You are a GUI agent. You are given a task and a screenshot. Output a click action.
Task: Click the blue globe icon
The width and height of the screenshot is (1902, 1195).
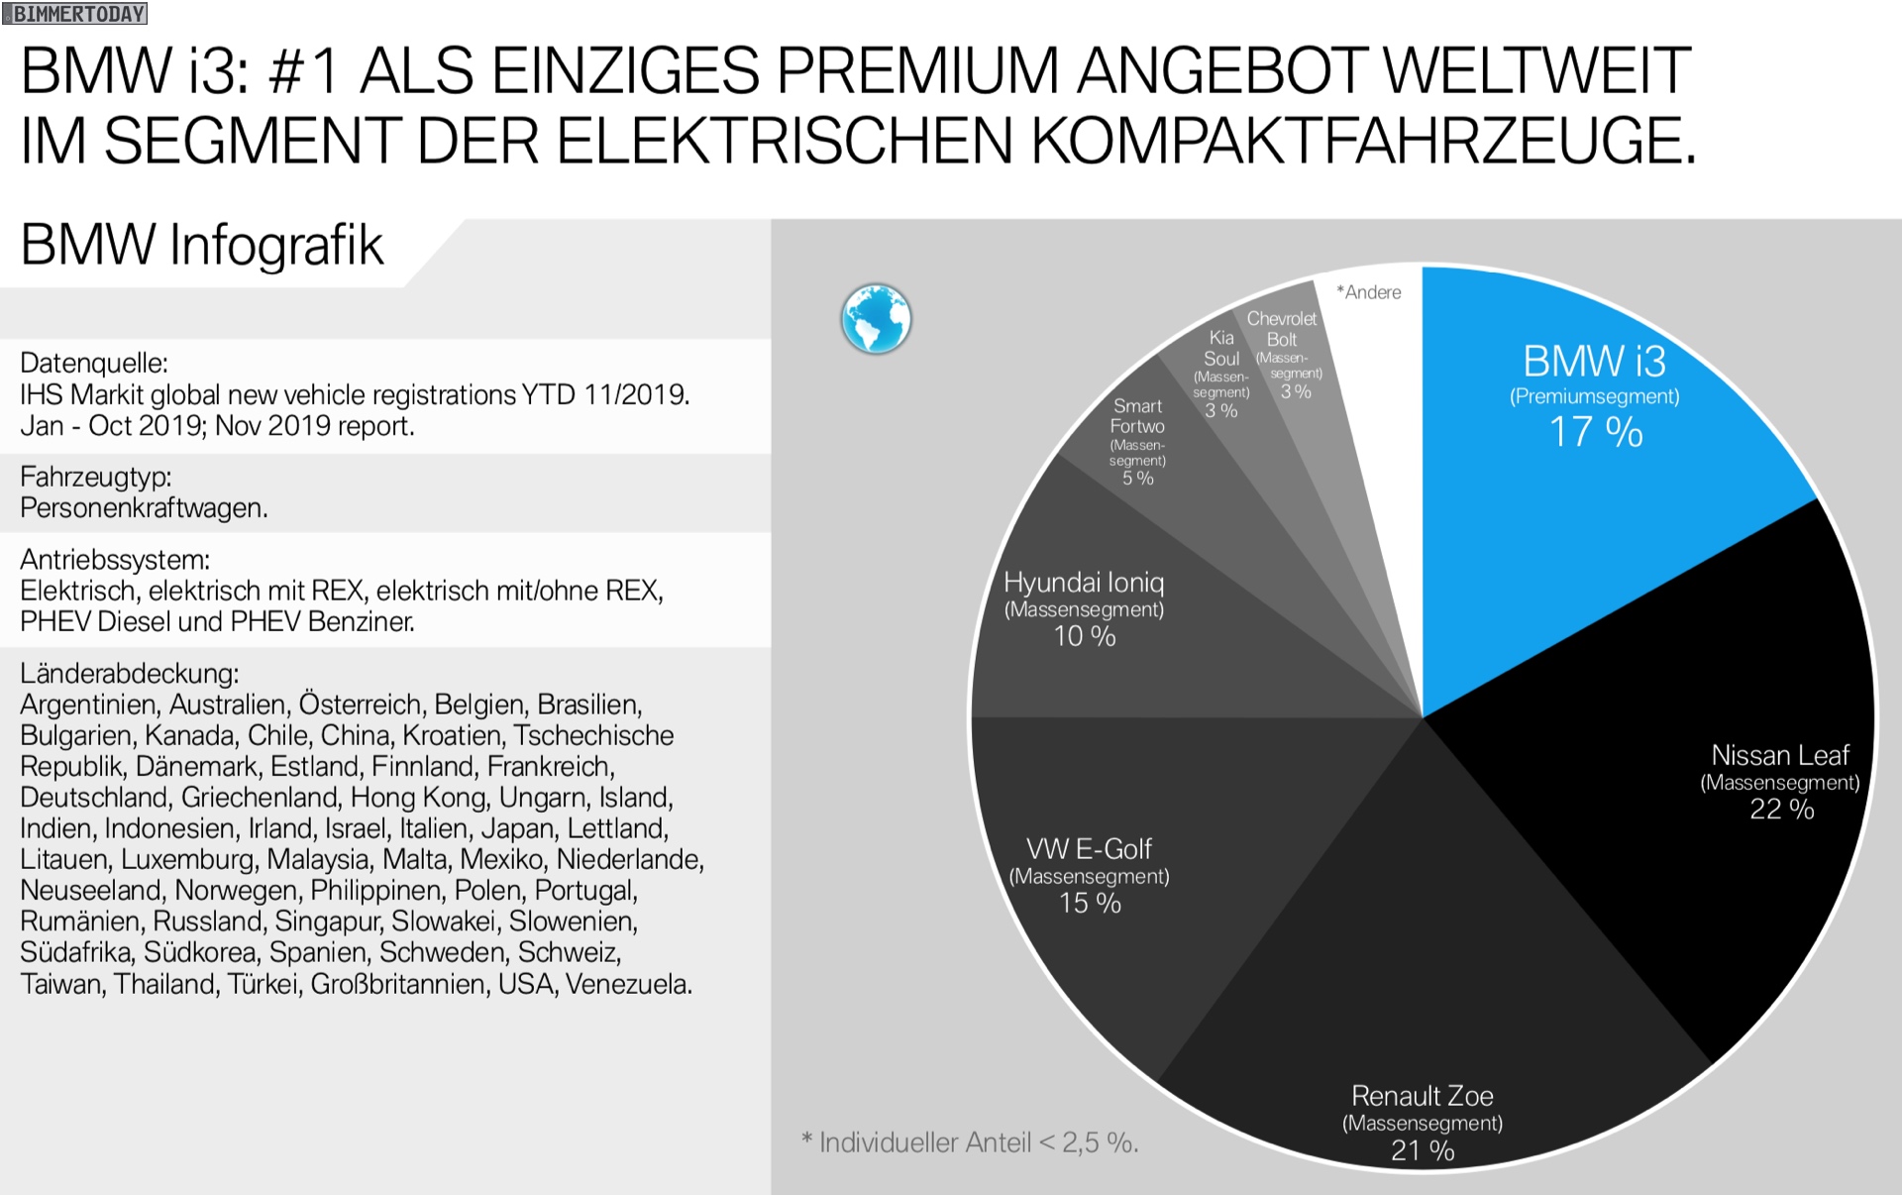pyautogui.click(x=876, y=319)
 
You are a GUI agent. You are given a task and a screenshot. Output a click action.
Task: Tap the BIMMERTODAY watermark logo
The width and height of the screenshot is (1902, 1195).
pyautogui.click(x=74, y=14)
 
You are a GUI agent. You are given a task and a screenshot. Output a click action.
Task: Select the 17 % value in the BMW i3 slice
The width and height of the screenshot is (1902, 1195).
pyautogui.click(x=1595, y=432)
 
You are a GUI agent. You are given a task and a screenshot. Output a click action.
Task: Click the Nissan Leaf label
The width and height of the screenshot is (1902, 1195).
pyautogui.click(x=1780, y=755)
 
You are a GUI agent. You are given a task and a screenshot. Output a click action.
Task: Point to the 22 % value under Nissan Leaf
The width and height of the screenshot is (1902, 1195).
pyautogui.click(x=1781, y=810)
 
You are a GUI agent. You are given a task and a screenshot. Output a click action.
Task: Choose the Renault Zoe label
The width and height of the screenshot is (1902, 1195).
pyautogui.click(x=1423, y=1096)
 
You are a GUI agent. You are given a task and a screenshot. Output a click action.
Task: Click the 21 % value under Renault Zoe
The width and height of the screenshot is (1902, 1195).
pyautogui.click(x=1423, y=1150)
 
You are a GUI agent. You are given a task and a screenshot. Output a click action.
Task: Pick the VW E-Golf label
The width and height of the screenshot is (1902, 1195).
pyautogui.click(x=1089, y=849)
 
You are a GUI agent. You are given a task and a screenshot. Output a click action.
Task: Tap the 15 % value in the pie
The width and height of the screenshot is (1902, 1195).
pyautogui.click(x=1090, y=904)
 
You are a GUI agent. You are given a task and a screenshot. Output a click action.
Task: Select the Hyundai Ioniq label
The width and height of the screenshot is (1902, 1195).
pyautogui.click(x=1084, y=583)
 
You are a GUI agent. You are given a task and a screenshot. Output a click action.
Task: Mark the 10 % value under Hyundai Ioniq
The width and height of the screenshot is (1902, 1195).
pyautogui.click(x=1084, y=636)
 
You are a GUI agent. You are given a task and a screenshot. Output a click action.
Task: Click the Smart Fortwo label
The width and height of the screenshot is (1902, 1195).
pyautogui.click(x=1137, y=416)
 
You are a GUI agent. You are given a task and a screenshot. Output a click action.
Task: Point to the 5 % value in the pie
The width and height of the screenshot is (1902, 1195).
pyautogui.click(x=1137, y=479)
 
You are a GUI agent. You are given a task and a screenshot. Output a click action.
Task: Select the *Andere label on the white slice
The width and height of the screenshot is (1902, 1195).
pyautogui.click(x=1369, y=292)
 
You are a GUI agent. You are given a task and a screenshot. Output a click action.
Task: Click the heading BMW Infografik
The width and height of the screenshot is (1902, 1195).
pyautogui.click(x=202, y=246)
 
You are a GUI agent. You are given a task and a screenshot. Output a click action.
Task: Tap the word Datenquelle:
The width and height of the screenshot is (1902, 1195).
pyautogui.click(x=94, y=364)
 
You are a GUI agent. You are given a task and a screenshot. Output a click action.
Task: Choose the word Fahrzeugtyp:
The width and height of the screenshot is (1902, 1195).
pyautogui.click(x=96, y=478)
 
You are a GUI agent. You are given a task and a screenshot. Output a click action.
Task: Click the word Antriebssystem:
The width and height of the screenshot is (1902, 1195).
pyautogui.click(x=115, y=560)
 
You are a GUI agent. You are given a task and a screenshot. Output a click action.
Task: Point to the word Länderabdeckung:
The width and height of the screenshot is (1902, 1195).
pyautogui.click(x=130, y=674)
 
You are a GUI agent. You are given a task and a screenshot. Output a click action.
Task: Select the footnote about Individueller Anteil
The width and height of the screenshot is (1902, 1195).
pyautogui.click(x=971, y=1143)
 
